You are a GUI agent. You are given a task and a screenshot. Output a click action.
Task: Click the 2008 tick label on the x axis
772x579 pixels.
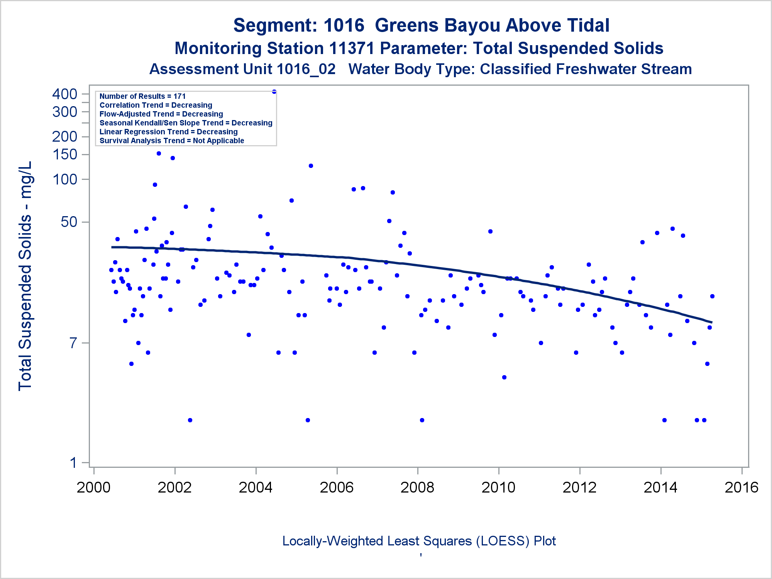417,488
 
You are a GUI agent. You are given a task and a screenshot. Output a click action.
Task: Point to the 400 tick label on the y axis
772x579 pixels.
65,94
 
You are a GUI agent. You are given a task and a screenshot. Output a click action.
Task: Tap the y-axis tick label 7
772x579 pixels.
73,343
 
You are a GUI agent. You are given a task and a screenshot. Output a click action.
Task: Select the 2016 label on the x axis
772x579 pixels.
742,488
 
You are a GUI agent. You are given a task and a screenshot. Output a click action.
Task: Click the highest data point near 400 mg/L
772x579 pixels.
274,92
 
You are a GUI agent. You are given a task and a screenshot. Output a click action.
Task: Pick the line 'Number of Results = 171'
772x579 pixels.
142,96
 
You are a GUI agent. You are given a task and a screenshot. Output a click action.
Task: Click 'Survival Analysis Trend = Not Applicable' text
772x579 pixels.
172,141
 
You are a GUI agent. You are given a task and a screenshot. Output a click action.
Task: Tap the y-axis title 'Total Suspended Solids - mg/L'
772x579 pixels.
25,276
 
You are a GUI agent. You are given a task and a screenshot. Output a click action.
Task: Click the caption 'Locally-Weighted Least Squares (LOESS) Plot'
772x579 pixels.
419,541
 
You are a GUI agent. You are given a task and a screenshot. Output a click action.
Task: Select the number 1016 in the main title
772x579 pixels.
344,25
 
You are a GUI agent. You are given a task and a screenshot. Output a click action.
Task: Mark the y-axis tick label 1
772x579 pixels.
73,462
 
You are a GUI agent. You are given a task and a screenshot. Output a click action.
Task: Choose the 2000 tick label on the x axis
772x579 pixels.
93,488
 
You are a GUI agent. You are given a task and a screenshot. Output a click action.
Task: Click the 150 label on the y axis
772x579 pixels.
65,154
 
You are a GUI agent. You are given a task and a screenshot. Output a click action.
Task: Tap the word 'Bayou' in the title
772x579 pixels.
472,25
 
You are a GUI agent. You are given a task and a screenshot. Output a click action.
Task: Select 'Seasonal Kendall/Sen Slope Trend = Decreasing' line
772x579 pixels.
186,123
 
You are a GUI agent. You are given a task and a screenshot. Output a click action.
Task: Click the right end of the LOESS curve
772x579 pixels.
711,322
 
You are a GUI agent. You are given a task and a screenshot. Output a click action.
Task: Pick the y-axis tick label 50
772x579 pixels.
69,222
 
